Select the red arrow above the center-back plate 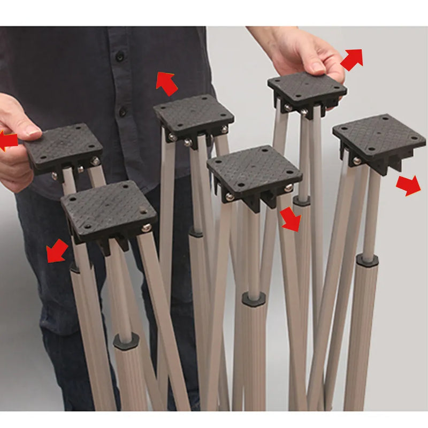167,83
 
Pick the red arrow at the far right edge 408,185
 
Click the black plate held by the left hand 63,146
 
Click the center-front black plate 255,172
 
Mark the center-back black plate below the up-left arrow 193,114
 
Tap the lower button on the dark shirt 123,112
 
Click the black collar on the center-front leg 254,299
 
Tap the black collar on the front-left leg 126,341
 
